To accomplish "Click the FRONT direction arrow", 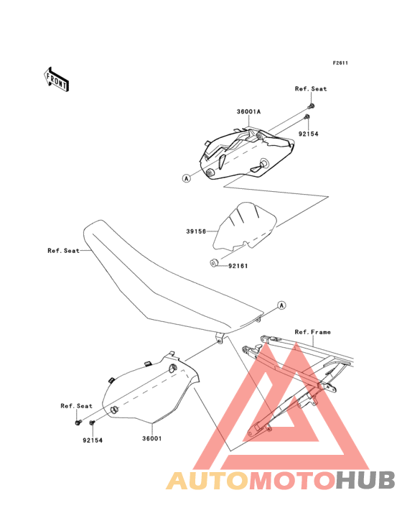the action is [56, 79].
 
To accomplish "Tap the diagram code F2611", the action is [340, 63].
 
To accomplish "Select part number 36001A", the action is [248, 111].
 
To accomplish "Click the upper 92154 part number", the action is [309, 134].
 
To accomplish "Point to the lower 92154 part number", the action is [93, 440].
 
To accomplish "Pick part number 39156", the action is [196, 231].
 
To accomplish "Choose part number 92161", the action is [238, 266].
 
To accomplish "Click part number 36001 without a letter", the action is [152, 438].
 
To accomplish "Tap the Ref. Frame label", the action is [313, 332].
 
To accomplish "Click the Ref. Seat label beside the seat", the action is [64, 251].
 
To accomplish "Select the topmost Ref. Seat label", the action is [311, 89].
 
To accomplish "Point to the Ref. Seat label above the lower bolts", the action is [76, 406].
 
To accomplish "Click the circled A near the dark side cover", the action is [187, 178].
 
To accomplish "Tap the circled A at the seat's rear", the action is [282, 305].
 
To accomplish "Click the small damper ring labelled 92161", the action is [214, 262].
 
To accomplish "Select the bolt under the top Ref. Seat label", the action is [311, 107].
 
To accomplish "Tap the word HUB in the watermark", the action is [365, 480].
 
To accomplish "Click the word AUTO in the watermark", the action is [208, 481].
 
